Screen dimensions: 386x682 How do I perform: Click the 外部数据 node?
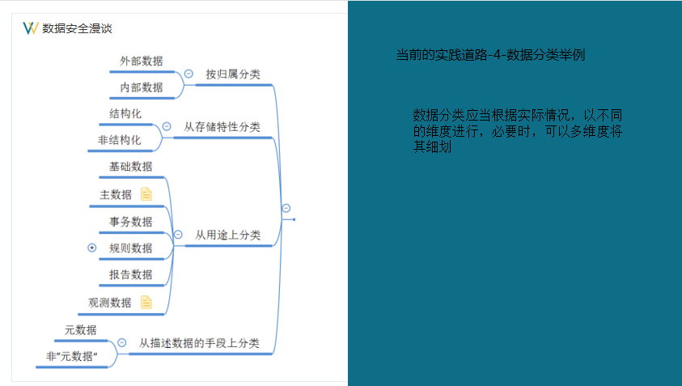click(141, 61)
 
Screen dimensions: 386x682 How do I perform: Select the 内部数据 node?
click(141, 87)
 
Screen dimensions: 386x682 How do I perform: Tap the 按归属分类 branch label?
click(233, 74)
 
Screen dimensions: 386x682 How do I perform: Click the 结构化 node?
click(125, 113)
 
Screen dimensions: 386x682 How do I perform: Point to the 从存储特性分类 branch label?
click(222, 126)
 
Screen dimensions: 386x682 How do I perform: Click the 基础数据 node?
click(131, 167)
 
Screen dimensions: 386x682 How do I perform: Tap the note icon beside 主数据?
click(146, 193)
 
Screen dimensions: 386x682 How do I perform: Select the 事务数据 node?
click(131, 221)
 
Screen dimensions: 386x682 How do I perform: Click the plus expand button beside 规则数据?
click(92, 248)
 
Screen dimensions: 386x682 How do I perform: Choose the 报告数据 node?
click(131, 274)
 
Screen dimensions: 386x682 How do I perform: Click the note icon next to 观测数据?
click(146, 302)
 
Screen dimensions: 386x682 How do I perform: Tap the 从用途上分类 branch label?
click(227, 235)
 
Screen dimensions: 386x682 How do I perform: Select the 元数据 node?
click(81, 329)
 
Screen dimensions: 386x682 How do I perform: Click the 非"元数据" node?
click(72, 356)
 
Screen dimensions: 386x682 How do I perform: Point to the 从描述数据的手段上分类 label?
click(199, 342)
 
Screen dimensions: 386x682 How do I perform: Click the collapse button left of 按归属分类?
click(189, 74)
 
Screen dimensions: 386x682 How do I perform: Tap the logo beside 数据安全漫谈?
click(31, 28)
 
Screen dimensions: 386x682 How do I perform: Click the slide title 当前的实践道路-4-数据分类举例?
click(491, 56)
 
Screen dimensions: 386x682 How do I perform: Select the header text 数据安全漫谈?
click(77, 28)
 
